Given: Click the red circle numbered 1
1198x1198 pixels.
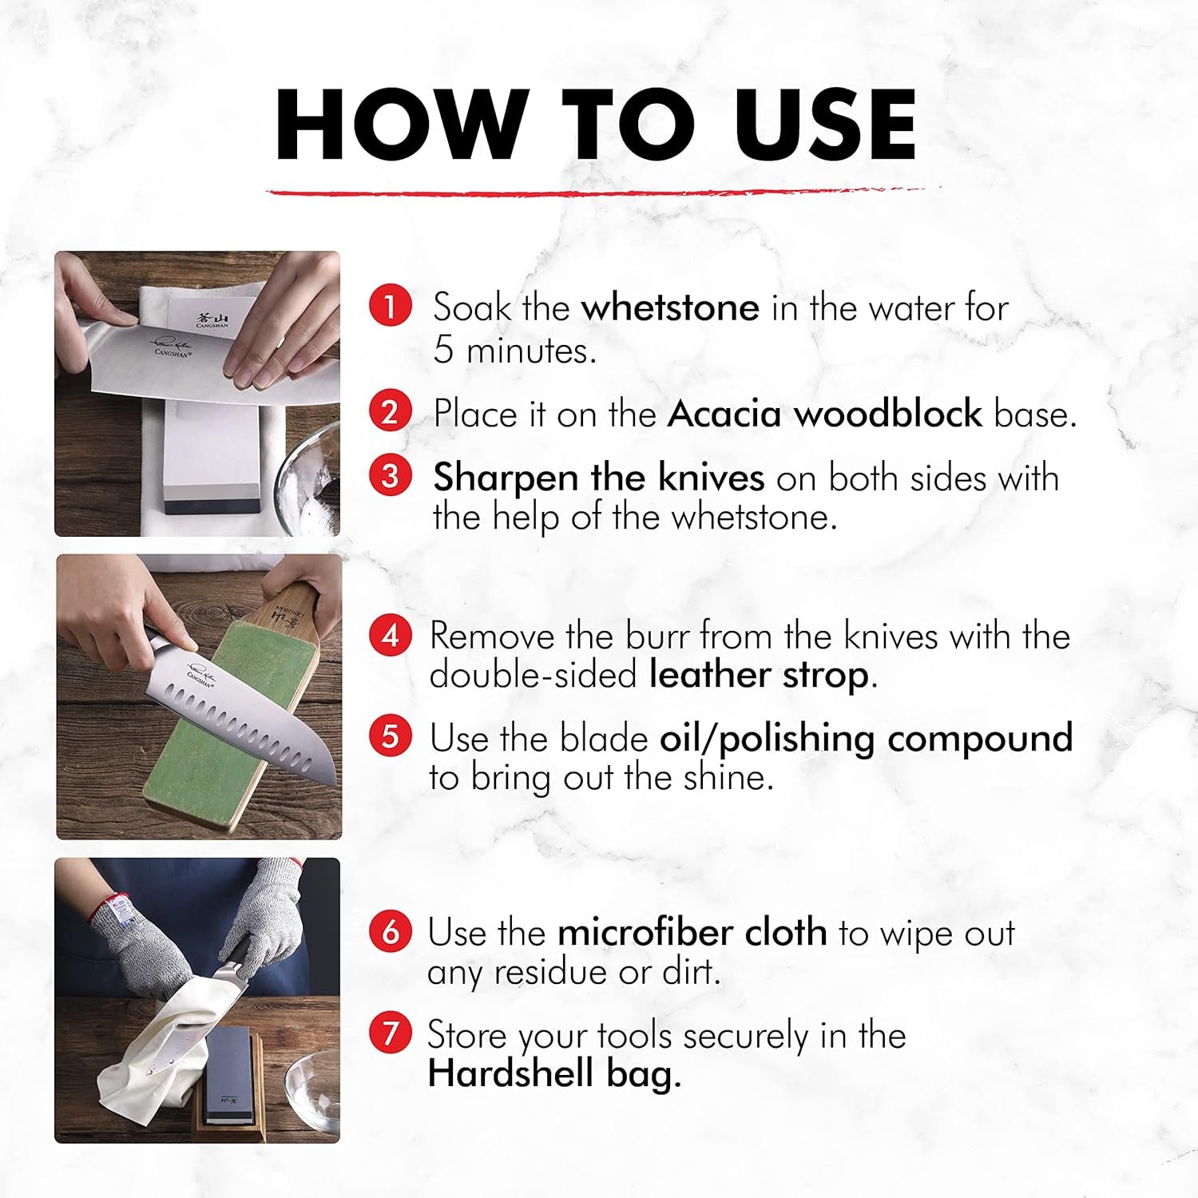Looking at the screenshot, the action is (391, 307).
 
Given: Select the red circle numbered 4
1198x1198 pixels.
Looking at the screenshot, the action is (391, 636).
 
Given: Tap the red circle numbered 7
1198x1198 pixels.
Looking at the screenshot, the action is (391, 1034).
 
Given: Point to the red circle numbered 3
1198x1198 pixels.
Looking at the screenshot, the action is (391, 476).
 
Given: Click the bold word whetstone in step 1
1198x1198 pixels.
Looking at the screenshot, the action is (670, 307).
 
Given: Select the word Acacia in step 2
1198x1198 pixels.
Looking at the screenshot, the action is (724, 414).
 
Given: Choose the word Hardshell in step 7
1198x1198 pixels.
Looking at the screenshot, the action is (511, 1073).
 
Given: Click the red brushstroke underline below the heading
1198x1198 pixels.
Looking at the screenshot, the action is (595, 192).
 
